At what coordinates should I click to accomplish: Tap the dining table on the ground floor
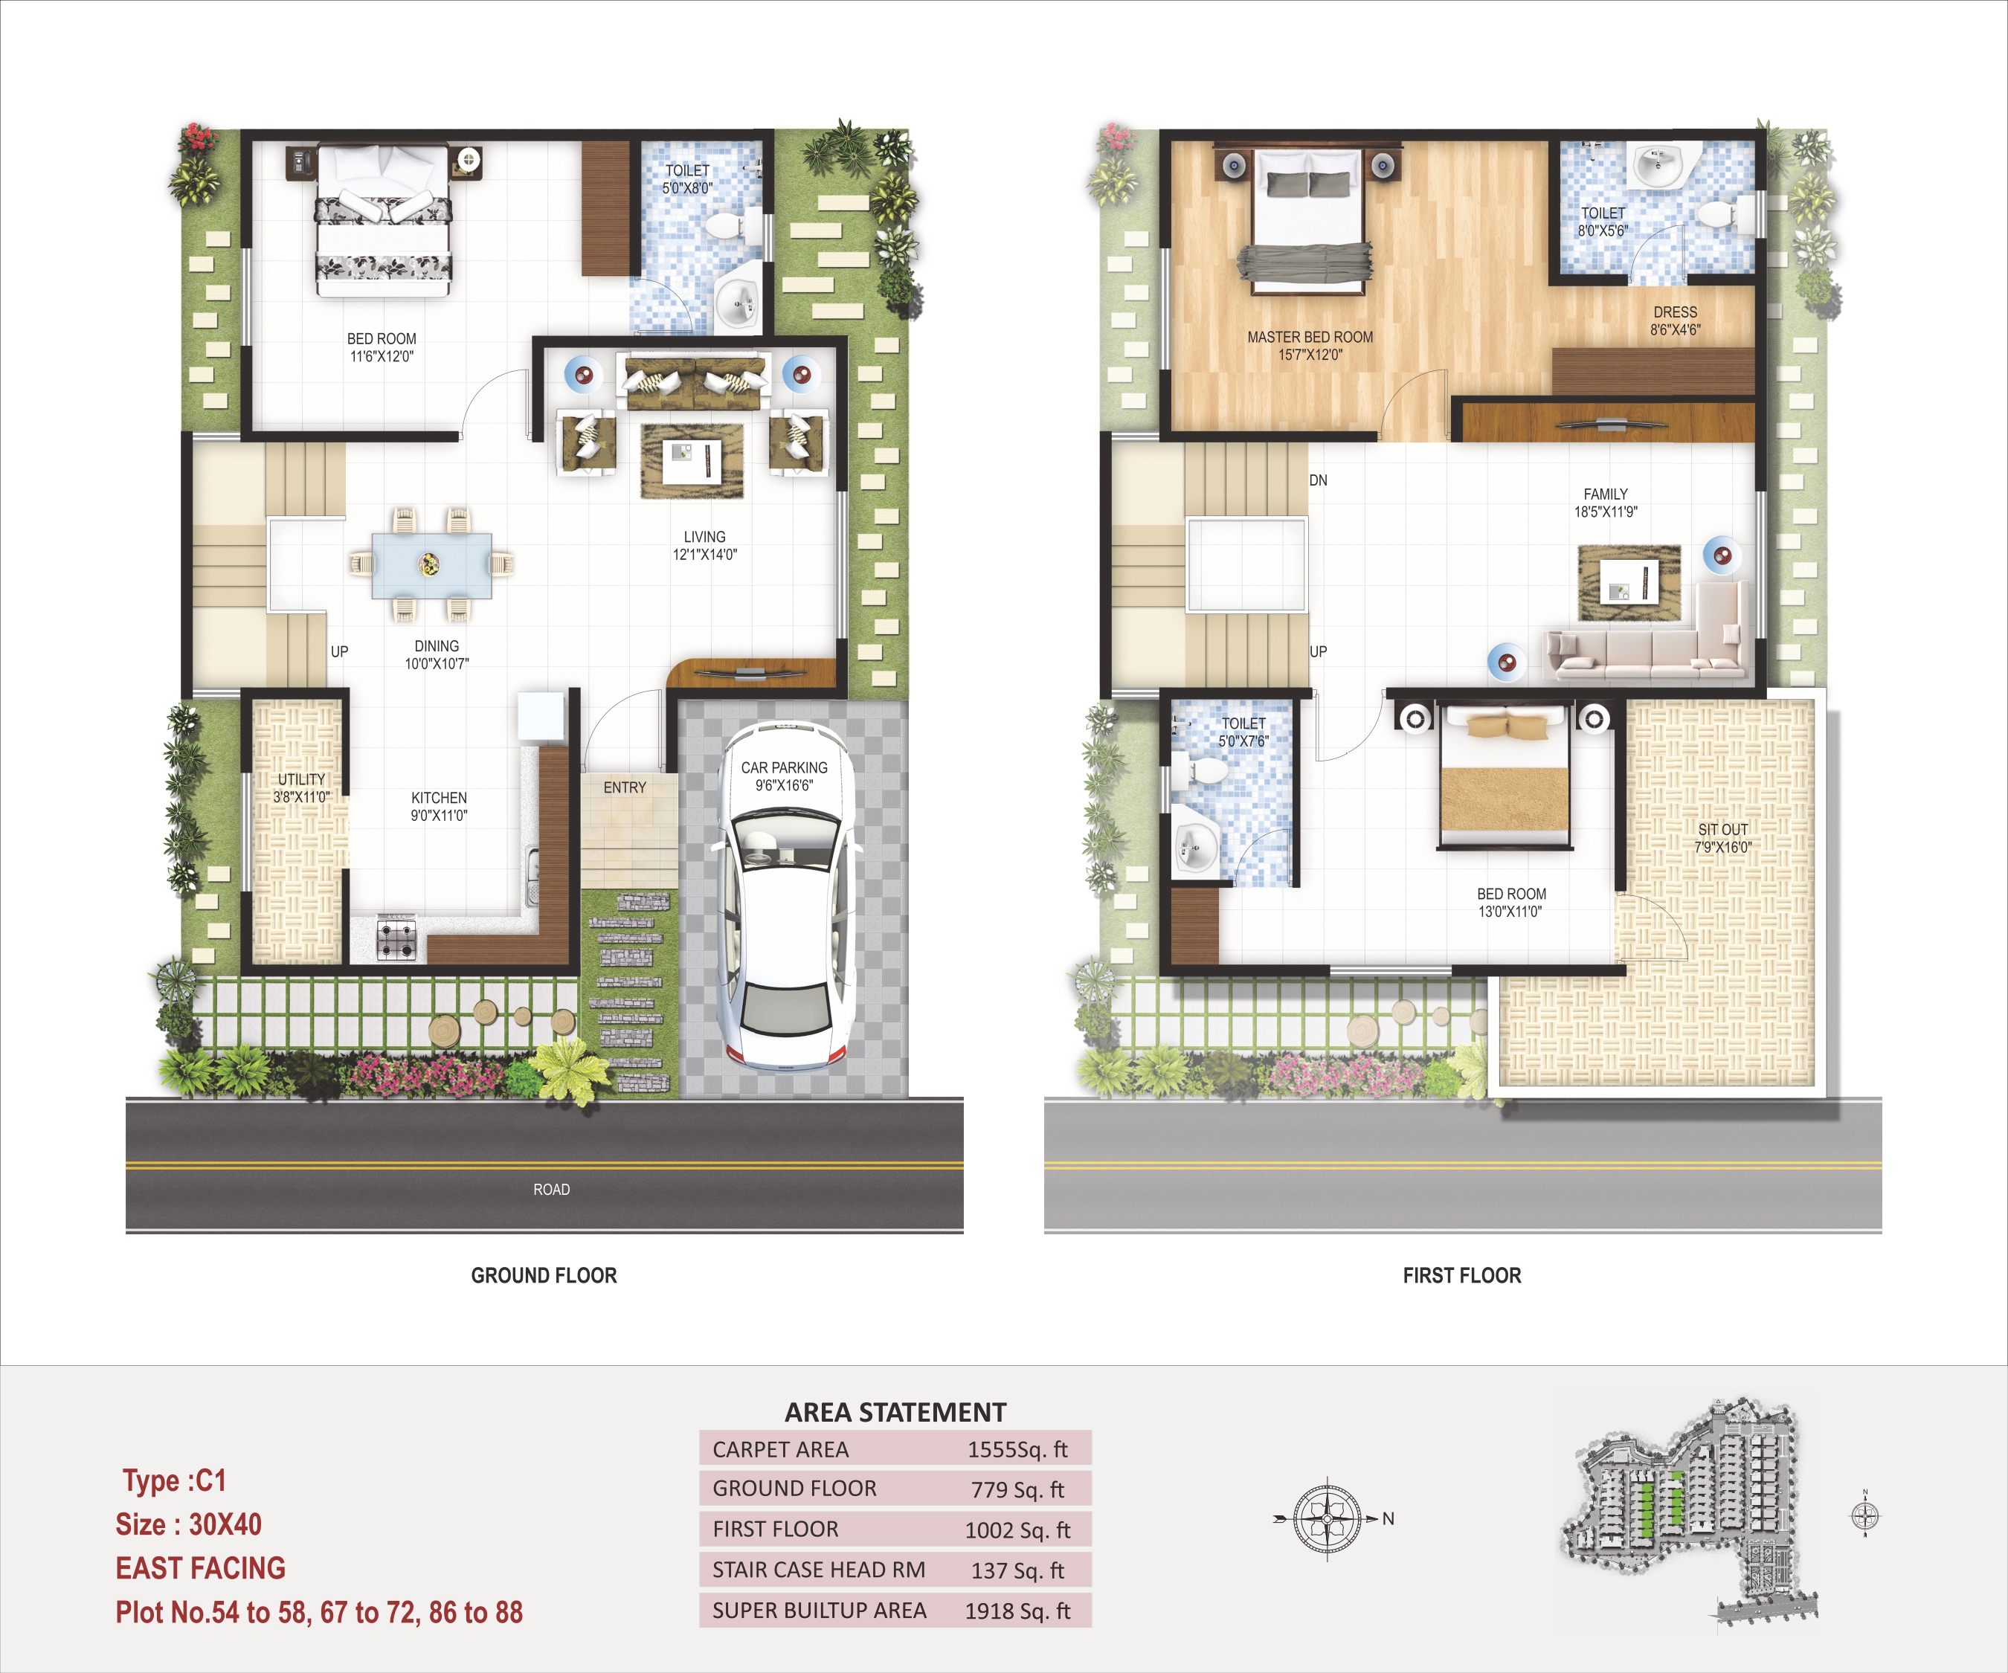click(x=431, y=565)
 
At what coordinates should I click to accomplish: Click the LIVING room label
click(x=705, y=546)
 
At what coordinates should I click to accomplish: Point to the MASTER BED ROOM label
click(x=1310, y=346)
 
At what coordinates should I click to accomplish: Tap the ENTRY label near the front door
click(x=625, y=787)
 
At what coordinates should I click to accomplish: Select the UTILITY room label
click(x=301, y=787)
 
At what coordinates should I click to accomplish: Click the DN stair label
click(x=1319, y=480)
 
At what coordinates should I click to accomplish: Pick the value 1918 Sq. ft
click(x=1017, y=1611)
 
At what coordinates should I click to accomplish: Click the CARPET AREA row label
click(x=780, y=1449)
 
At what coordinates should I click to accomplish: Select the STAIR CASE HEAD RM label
click(x=819, y=1570)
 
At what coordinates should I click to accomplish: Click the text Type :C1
click(x=174, y=1481)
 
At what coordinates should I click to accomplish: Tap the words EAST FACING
click(x=201, y=1569)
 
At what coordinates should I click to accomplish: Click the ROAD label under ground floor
click(x=552, y=1189)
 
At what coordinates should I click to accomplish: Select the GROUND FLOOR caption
click(x=544, y=1275)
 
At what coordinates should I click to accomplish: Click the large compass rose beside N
click(x=1328, y=1518)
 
